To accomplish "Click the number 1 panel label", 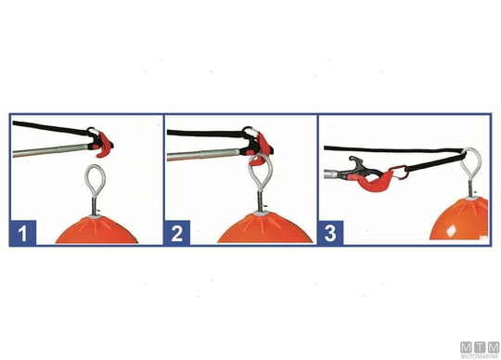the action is (22, 233).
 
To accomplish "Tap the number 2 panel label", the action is (177, 233).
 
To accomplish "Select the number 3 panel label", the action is (330, 233).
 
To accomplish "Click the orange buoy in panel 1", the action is (96, 230).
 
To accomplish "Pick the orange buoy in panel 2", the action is (264, 228).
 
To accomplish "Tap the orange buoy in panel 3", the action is (459, 220).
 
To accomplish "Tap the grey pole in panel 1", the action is (49, 150).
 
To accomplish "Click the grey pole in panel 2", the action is (203, 155).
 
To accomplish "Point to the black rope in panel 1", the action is (49, 127).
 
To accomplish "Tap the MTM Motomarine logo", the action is (480, 350).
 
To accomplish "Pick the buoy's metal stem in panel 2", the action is (261, 202).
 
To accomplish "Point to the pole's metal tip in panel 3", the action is (331, 174).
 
